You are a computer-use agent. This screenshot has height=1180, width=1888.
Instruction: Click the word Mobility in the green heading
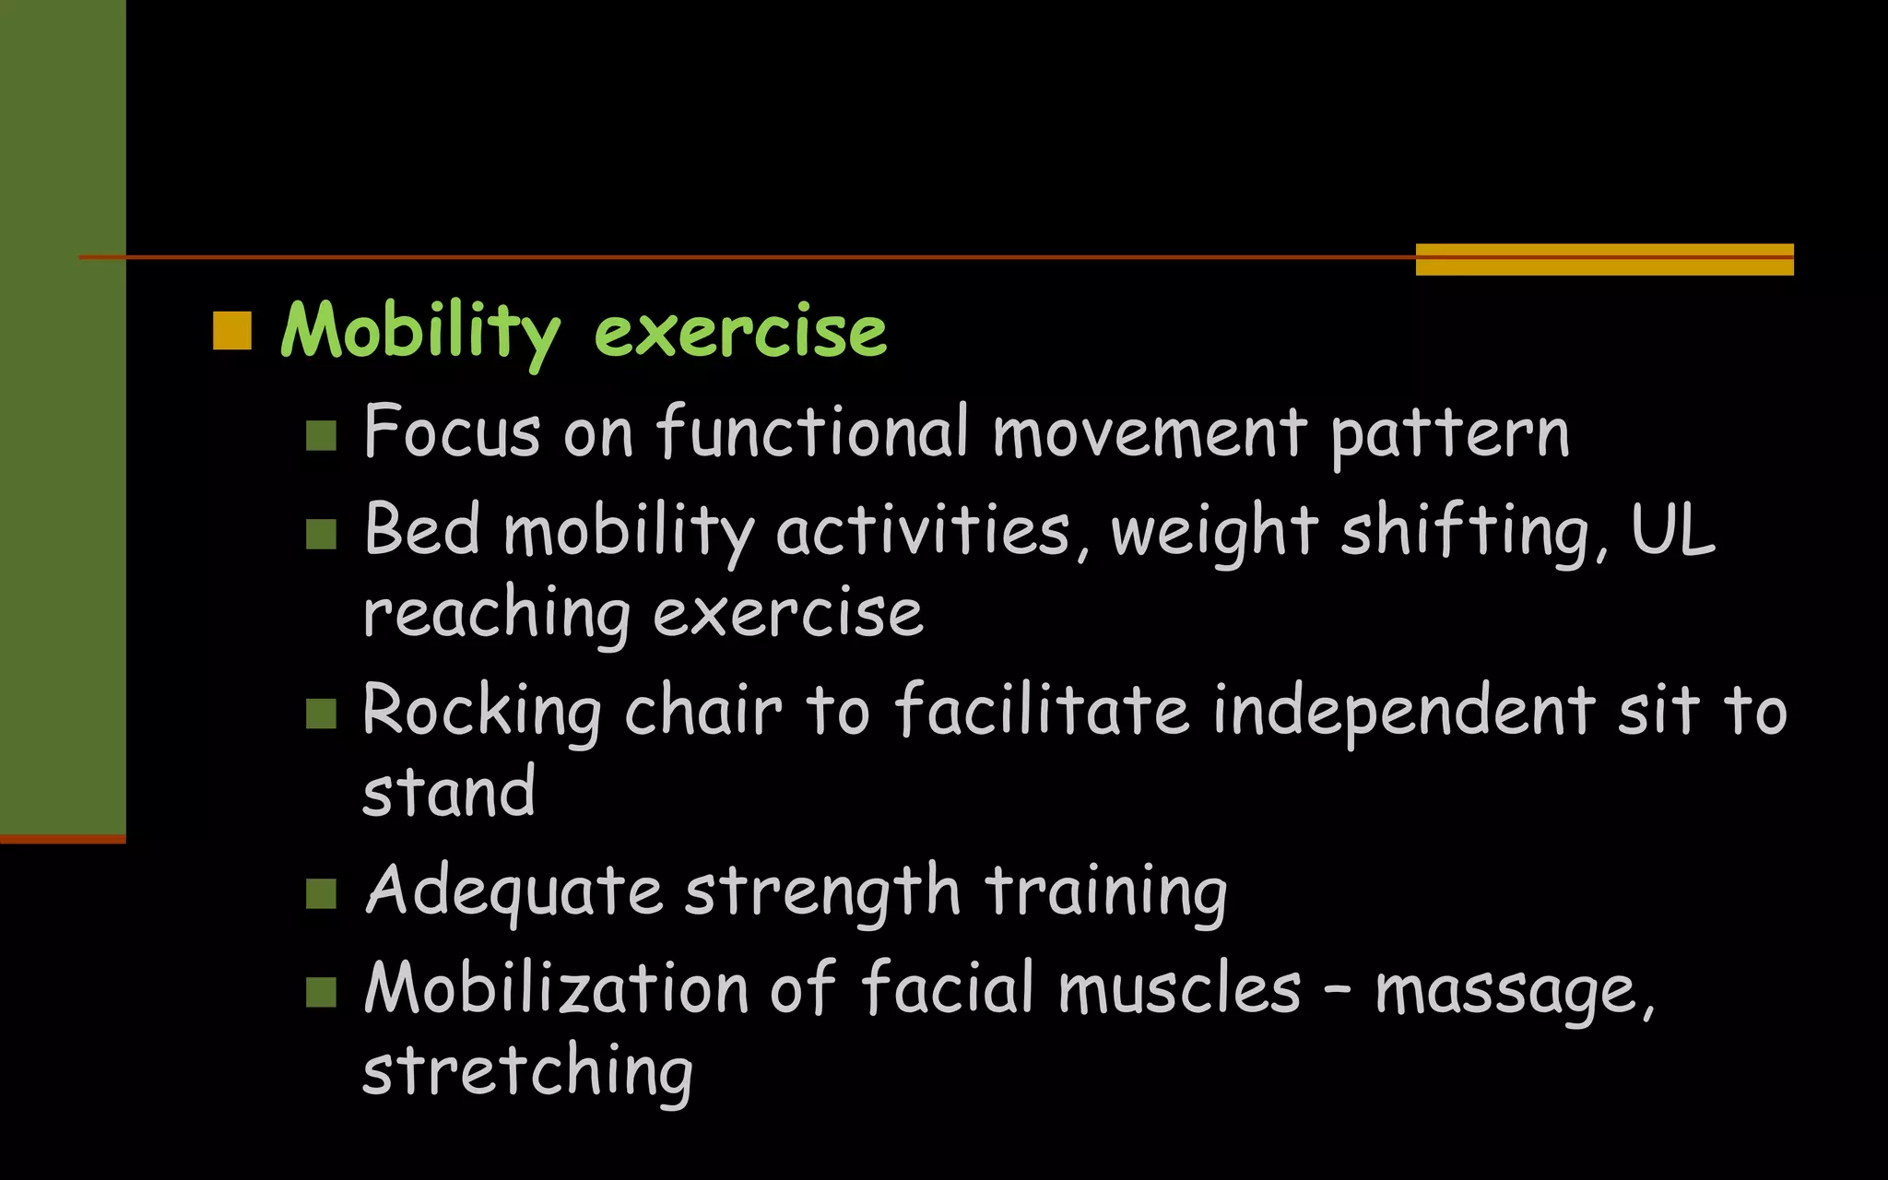(x=420, y=331)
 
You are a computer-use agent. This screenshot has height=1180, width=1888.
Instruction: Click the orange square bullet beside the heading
(x=232, y=331)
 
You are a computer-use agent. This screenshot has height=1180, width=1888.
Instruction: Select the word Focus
(x=452, y=431)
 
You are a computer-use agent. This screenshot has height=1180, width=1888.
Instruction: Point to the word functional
(x=812, y=431)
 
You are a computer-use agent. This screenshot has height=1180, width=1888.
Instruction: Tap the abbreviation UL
(x=1672, y=530)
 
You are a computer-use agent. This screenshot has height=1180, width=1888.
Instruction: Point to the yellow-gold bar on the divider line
(x=1604, y=259)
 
